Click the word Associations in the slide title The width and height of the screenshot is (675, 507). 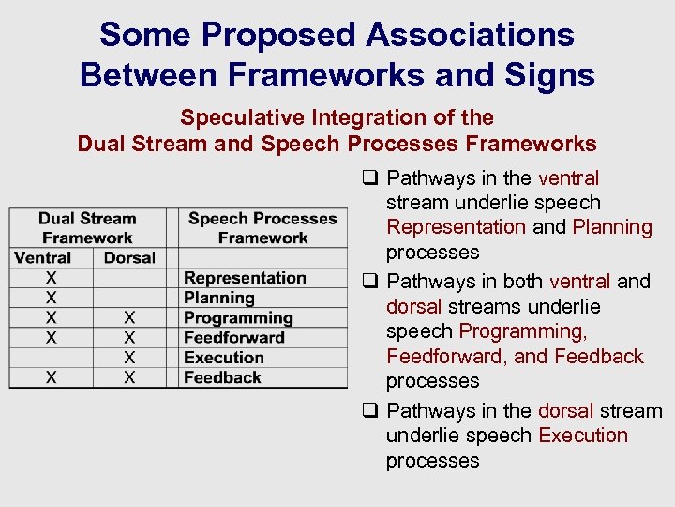[x=470, y=35]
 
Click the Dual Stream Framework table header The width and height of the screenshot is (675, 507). [x=87, y=228]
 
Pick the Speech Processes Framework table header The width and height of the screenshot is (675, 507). [x=262, y=228]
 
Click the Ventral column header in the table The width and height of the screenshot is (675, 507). [x=43, y=257]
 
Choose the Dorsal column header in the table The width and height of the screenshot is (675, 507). [x=129, y=257]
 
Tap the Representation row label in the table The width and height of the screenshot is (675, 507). [x=245, y=278]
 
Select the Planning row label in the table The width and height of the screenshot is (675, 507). [x=219, y=298]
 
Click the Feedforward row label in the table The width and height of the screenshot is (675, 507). [x=234, y=337]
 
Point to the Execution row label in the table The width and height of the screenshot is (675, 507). [x=224, y=358]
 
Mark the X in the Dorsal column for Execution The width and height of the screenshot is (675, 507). [x=129, y=358]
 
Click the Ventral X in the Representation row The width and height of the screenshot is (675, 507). [x=51, y=278]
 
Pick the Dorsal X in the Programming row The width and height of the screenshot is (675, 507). [x=129, y=317]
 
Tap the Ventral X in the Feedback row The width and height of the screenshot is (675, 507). [x=51, y=377]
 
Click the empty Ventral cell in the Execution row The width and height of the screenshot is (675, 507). [x=51, y=358]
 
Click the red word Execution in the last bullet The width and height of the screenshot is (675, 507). [x=583, y=436]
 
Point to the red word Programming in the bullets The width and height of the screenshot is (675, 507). [x=523, y=331]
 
